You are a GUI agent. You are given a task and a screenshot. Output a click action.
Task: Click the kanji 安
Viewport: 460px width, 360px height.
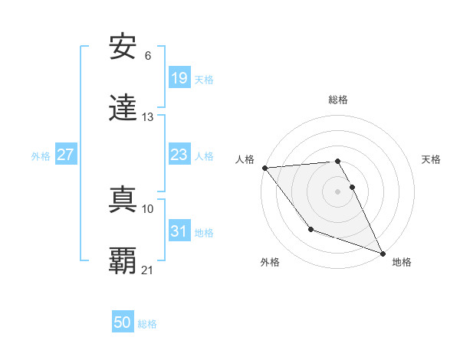[123, 48]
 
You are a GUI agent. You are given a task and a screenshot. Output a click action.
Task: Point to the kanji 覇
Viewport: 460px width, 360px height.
[123, 260]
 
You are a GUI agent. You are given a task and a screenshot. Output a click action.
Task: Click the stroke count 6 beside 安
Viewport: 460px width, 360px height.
[148, 56]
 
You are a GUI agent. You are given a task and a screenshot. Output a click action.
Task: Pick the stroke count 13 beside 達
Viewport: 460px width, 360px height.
[148, 116]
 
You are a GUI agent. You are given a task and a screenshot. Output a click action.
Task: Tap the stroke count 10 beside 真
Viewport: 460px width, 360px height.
[148, 208]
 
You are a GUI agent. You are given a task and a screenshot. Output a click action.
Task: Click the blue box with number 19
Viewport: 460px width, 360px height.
[179, 78]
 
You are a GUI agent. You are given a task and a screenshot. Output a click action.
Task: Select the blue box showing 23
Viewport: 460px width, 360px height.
[179, 155]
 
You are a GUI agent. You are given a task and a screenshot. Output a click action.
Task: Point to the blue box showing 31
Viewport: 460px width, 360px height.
[179, 231]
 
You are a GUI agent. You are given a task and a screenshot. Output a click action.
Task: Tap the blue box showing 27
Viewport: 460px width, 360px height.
[66, 155]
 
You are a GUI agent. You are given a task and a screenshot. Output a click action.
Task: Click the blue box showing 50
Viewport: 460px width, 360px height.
[123, 322]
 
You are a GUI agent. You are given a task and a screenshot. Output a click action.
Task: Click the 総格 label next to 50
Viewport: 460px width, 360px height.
[148, 324]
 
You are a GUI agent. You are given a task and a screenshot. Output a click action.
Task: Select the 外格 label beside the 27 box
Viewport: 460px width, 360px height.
[41, 156]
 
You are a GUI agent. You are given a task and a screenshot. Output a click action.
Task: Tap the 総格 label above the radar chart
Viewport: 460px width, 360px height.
[337, 100]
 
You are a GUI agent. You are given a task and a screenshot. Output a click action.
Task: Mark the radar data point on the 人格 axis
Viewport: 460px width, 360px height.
[264, 167]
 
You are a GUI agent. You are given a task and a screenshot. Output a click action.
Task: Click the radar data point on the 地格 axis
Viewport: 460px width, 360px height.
[383, 253]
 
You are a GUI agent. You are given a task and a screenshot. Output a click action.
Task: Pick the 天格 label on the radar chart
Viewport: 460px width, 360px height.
[431, 159]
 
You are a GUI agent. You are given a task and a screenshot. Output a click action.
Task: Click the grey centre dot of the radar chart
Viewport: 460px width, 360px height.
[337, 191]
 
